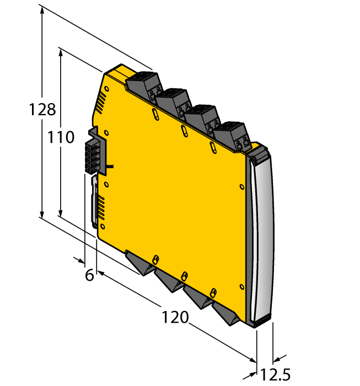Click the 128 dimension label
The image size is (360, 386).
coord(42,109)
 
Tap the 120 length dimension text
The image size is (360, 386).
coord(175,318)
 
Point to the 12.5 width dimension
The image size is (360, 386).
coord(276,375)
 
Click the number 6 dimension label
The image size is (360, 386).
coord(89,275)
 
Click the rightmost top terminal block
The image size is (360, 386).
coord(232,135)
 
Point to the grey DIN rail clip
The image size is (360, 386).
coord(95,201)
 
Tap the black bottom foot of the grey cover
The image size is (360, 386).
coord(261,321)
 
